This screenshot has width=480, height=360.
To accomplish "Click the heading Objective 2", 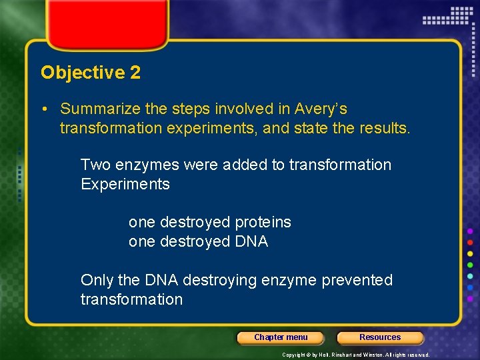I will (91, 73).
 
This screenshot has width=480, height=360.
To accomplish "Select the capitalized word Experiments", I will (125, 184).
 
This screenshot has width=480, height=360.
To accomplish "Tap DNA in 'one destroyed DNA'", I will (251, 241).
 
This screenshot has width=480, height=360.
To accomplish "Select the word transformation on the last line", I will (131, 299).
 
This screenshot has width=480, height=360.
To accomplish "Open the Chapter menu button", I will (281, 337).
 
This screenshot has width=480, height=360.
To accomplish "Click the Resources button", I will (380, 337).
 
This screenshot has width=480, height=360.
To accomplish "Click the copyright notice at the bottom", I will (355, 355).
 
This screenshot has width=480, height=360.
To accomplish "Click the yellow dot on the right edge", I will (471, 254).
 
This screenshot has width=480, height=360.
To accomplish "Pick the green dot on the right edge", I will (471, 265).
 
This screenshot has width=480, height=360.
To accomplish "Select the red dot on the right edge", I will (471, 242).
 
